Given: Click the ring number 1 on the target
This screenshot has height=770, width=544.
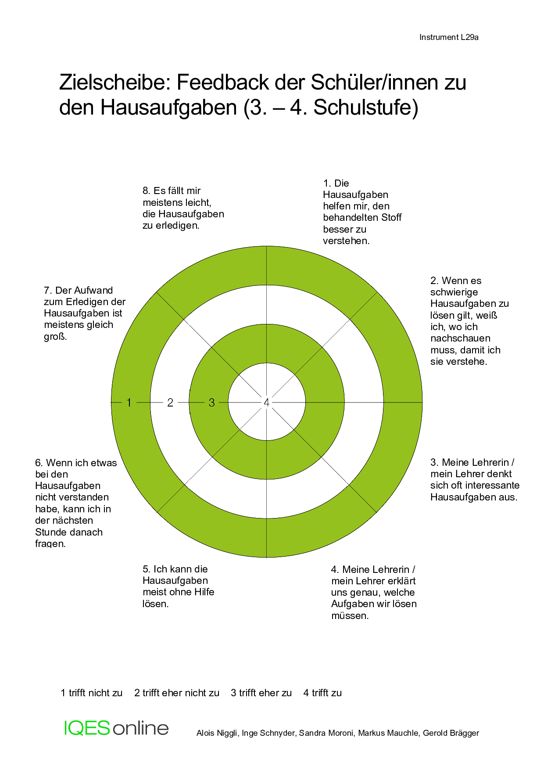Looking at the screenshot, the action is coord(129,403).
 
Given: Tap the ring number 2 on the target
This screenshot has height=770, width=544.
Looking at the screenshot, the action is coord(170,403).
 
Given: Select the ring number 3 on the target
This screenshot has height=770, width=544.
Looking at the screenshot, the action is coord(212,403).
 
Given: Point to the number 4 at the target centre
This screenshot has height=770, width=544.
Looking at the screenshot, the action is coord(266,403).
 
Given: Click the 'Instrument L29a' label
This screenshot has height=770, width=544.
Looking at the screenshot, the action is coord(449,37).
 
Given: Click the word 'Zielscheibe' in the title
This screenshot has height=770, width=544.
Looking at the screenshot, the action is coord(114,82).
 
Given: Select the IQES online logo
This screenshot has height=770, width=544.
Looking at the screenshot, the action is coord(116,728).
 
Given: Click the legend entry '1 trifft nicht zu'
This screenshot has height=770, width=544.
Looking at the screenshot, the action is coord(92,693).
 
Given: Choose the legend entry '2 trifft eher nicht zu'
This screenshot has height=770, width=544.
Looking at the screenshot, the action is coord(177,693).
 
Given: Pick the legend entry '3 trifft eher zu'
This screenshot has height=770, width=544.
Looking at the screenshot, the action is coord(261,693).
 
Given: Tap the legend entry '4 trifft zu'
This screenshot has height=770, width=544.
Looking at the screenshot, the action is coord(322,693).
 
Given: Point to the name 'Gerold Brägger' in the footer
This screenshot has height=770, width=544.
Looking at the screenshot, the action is coord(451,733).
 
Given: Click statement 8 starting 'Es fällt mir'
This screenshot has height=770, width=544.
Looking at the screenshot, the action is coord(183,208).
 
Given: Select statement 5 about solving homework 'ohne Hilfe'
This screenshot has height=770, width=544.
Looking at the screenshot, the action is coord(179,586).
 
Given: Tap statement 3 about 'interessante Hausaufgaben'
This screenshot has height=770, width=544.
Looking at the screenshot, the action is coord(475,480).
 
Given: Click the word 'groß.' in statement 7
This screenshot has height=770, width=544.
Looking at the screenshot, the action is coord(55,337).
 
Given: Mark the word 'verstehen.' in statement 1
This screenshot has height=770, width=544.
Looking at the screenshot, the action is coord(346,241).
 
